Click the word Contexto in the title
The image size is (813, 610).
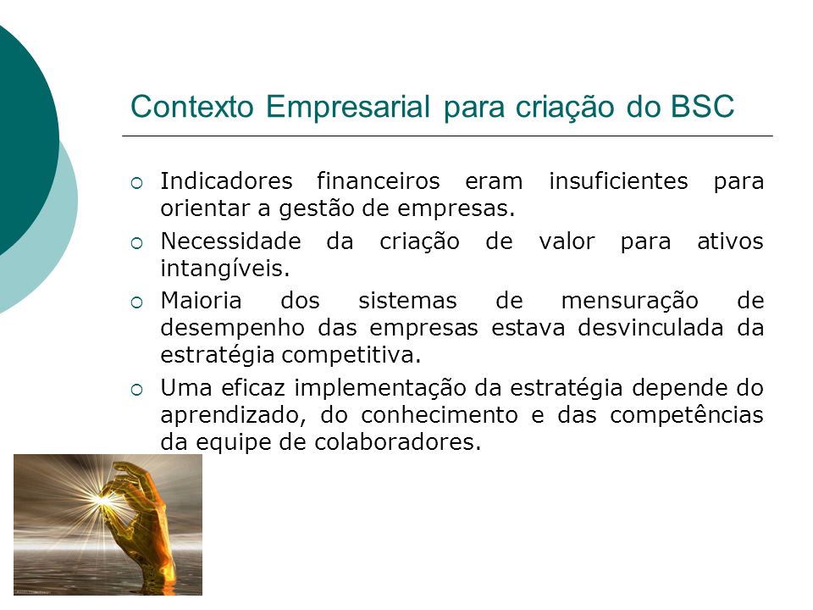192,107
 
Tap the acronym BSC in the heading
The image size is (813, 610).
703,107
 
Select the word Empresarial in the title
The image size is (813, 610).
348,108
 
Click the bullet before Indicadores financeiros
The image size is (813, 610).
137,183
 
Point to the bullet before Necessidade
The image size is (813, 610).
137,243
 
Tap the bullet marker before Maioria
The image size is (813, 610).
137,302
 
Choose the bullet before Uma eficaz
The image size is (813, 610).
137,390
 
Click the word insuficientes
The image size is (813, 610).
618,181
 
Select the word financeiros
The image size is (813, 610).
379,181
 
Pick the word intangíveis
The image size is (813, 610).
225,269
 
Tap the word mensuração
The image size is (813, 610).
630,302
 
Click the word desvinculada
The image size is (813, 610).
650,328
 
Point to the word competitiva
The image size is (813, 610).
351,356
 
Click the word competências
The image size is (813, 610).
687,416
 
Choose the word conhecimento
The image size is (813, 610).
440,415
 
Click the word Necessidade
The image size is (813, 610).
230,241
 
